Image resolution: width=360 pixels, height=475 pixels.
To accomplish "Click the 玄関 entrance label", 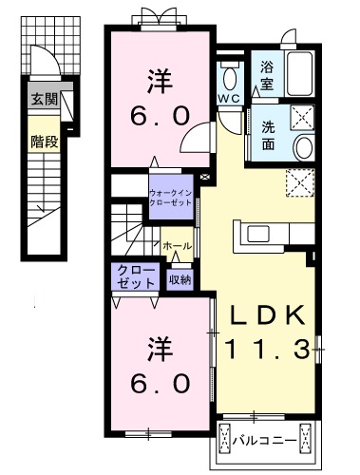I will click(43, 100).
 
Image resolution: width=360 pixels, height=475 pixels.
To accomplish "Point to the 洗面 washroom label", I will click(268, 136).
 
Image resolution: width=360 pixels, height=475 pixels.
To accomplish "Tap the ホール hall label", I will click(177, 247).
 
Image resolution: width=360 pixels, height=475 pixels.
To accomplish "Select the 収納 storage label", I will click(180, 279).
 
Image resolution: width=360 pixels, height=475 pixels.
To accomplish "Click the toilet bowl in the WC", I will click(231, 76).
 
